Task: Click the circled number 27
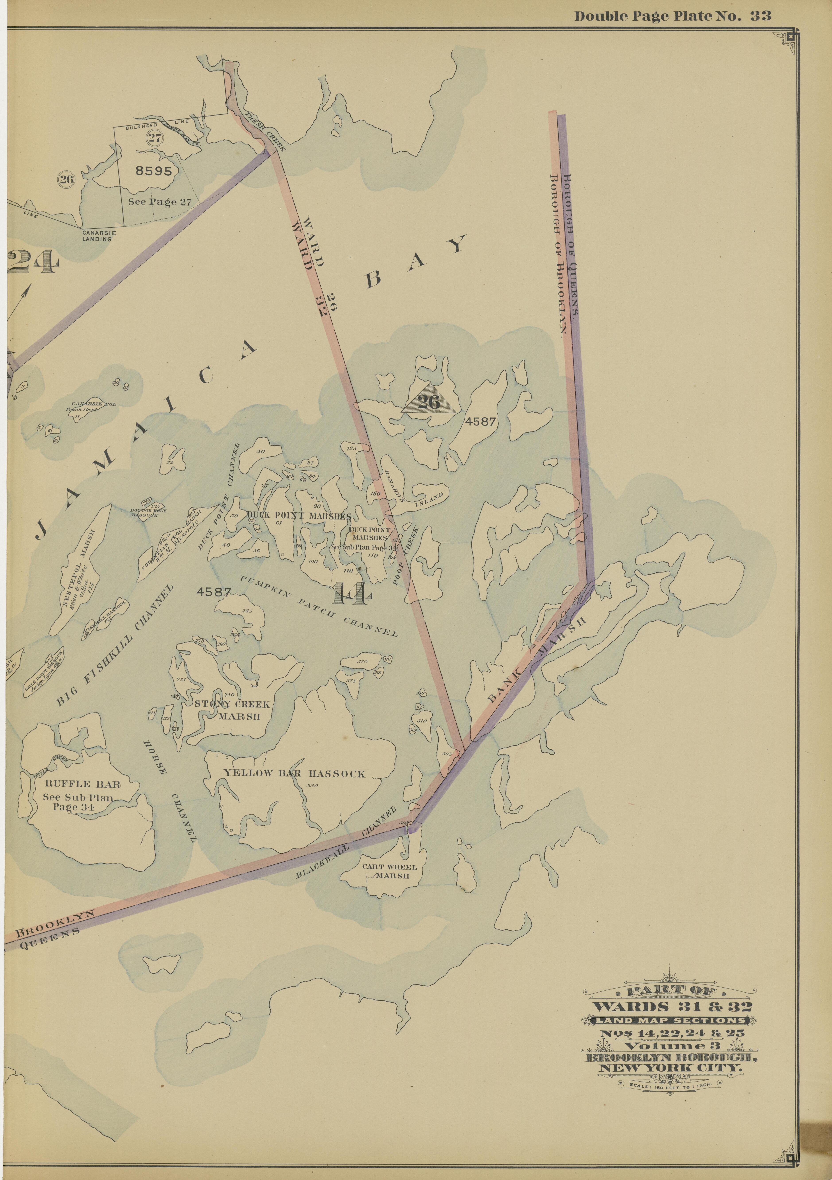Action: click(x=154, y=137)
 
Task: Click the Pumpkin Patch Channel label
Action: click(x=319, y=605)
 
